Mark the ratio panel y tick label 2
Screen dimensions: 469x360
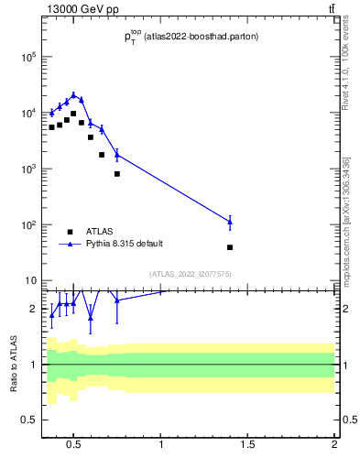(x=33, y=309)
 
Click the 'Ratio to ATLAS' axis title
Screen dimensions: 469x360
(x=14, y=364)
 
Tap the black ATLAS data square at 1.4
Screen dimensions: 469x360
(x=230, y=247)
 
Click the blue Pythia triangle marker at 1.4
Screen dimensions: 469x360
(x=230, y=221)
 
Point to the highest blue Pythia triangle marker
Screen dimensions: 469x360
(x=73, y=94)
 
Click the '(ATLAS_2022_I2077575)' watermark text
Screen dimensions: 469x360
(x=190, y=273)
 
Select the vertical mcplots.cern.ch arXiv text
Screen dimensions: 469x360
(x=345, y=220)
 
